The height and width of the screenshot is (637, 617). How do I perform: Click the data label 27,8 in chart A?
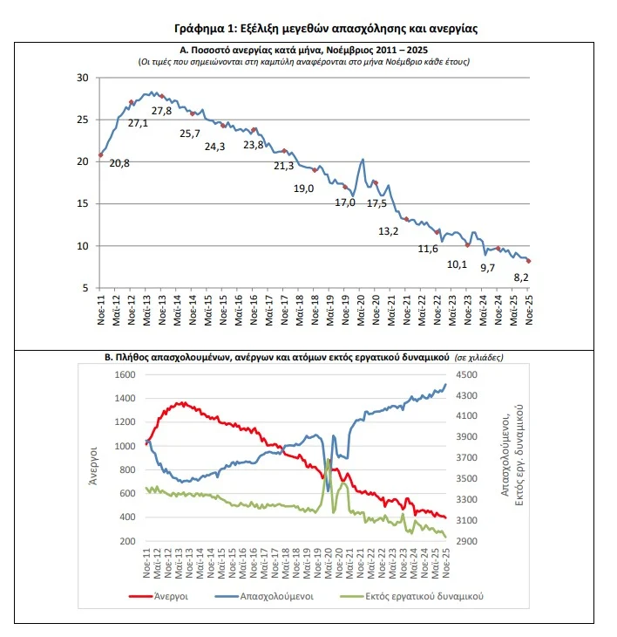[x=161, y=111]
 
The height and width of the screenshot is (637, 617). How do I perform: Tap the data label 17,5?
[x=377, y=203]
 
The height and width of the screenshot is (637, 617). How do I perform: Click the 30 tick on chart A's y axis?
[x=84, y=78]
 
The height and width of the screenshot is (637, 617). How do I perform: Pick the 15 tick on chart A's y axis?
[x=84, y=204]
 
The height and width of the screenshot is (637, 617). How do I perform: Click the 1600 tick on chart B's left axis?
[x=126, y=374]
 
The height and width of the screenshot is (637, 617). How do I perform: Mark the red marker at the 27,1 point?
[x=132, y=102]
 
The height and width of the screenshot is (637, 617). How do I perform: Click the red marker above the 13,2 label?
[x=406, y=219]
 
